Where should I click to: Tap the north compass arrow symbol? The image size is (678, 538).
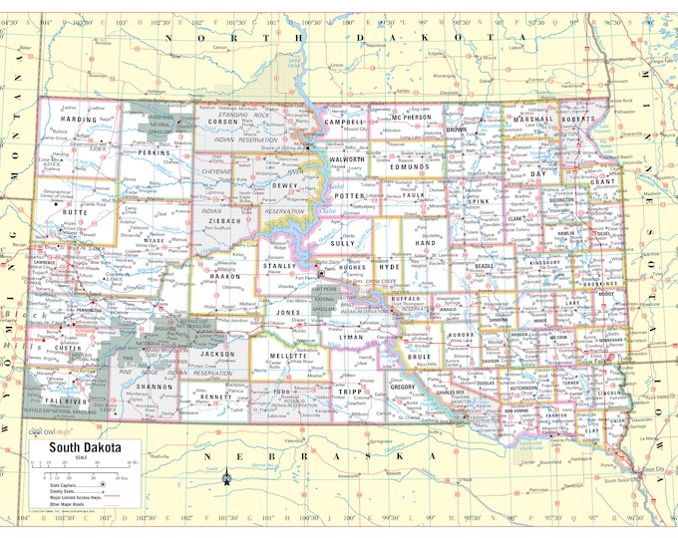[x=228, y=480]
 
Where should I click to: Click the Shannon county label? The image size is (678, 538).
[x=154, y=385]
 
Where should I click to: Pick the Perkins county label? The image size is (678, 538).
[x=155, y=152]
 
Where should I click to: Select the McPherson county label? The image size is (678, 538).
[x=410, y=118]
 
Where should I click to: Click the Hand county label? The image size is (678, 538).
[x=426, y=242]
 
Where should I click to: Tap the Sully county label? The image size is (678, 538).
[x=343, y=242]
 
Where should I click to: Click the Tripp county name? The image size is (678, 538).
[x=348, y=392]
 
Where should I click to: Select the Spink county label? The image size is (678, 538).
[x=479, y=202]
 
